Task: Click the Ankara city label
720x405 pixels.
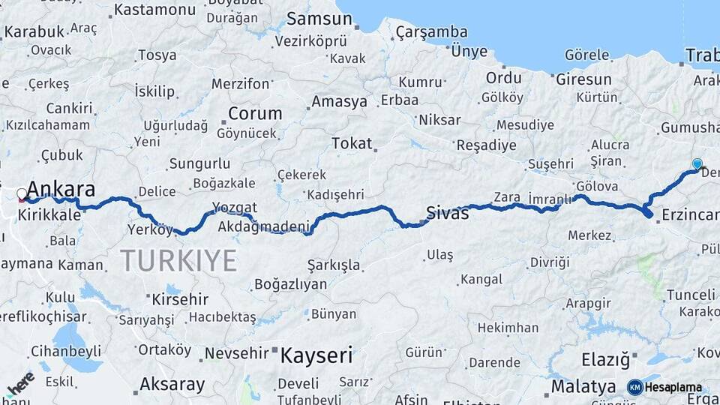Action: point(61,188)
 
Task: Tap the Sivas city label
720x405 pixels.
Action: point(448,213)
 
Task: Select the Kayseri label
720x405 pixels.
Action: point(316,355)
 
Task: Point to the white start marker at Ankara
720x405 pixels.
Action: point(22,194)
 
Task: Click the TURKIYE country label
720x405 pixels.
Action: point(178,261)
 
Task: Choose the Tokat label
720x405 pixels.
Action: point(351,142)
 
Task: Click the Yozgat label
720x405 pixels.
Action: point(234,208)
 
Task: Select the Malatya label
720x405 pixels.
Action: point(583,386)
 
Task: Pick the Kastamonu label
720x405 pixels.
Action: point(154,10)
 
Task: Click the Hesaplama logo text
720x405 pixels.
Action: point(673,388)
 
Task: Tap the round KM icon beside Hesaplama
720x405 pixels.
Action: point(634,388)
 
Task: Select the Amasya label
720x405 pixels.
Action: point(339,101)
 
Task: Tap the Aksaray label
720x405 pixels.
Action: point(172,385)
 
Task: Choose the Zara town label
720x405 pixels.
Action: point(506,196)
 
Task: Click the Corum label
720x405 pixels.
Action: point(255,114)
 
